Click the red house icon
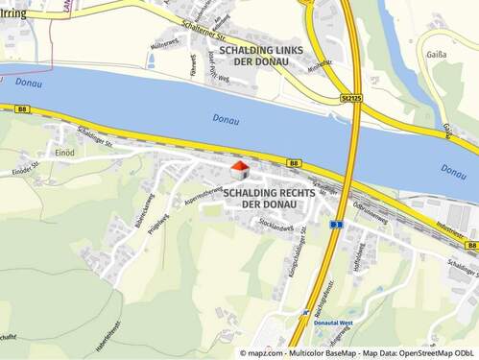239,170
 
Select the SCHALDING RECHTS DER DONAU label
270,199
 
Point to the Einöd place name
65,152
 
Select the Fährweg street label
192,65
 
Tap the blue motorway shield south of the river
336,224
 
